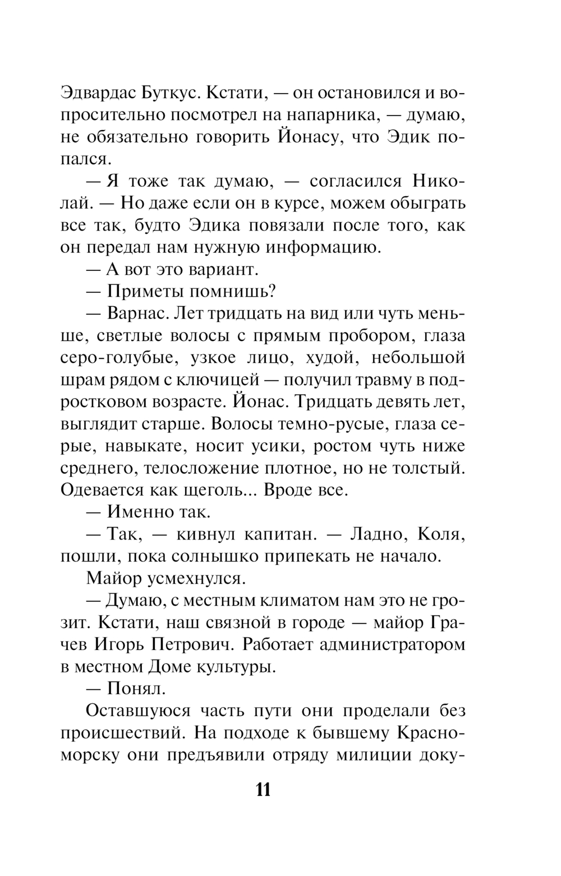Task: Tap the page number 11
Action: pyautogui.click(x=263, y=790)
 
